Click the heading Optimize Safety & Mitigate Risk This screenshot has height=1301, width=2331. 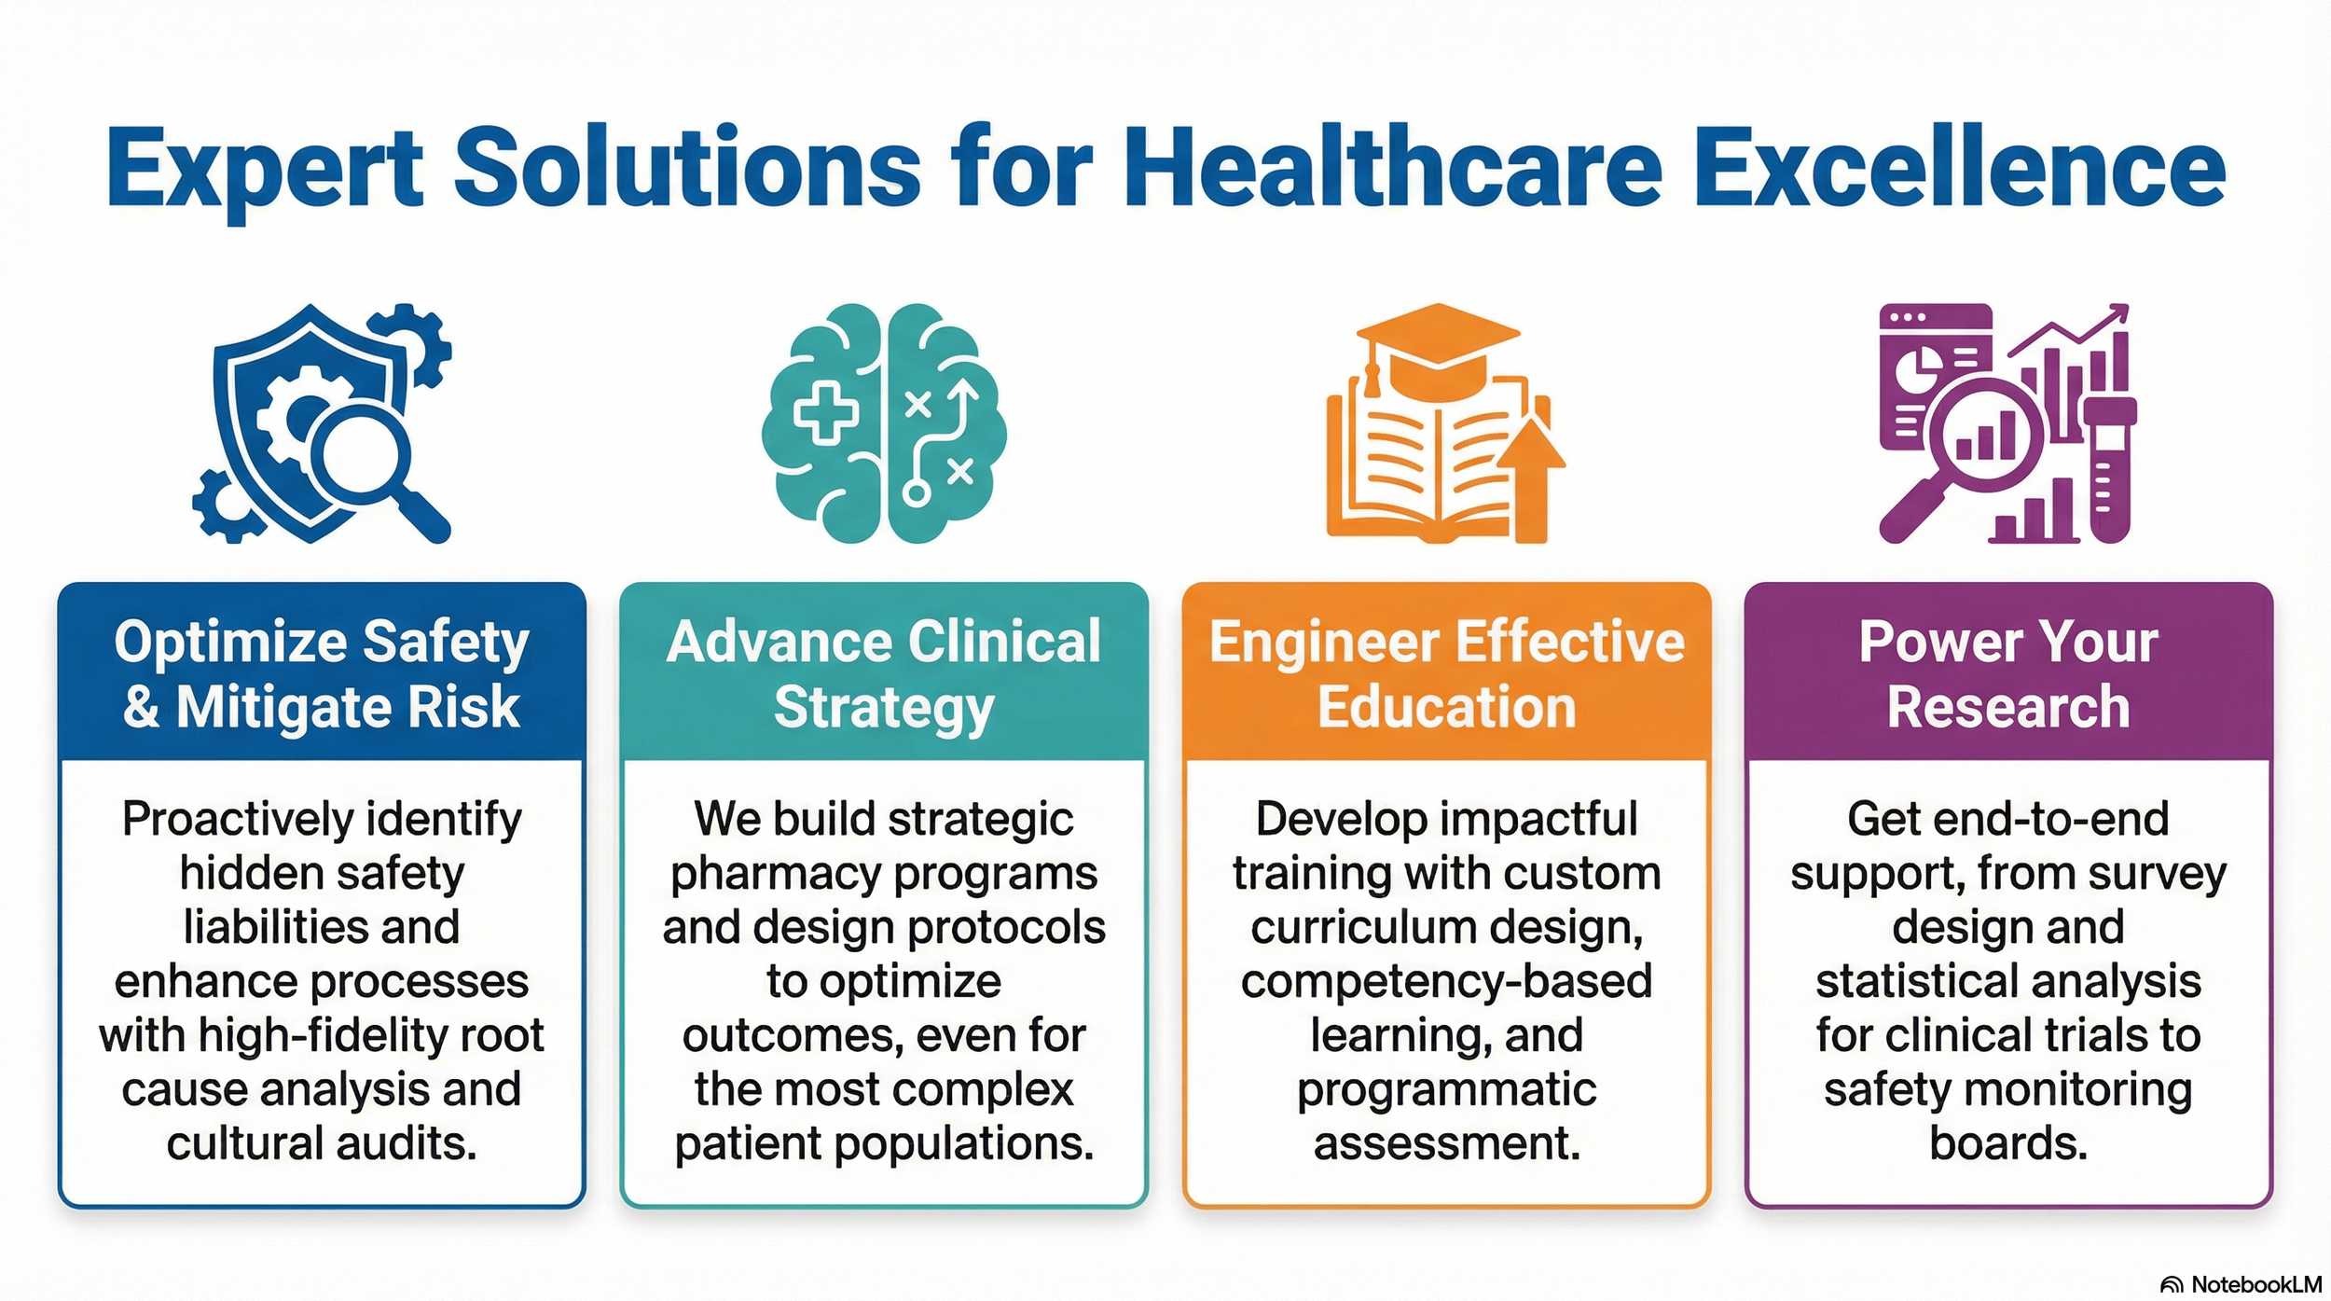click(322, 673)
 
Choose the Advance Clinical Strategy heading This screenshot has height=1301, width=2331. click(884, 673)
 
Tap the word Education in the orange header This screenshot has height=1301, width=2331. click(1446, 706)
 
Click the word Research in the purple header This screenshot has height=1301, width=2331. click(2008, 706)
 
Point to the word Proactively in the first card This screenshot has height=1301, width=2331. click(239, 820)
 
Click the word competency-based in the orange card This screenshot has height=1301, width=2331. click(1446, 982)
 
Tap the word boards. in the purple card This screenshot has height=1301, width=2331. click(2008, 1143)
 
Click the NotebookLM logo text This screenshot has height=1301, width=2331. click(2255, 1284)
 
